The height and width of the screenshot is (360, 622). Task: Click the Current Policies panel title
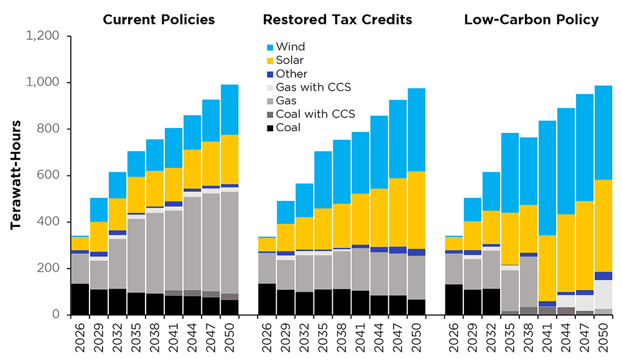click(159, 20)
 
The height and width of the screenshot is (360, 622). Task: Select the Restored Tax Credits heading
click(337, 20)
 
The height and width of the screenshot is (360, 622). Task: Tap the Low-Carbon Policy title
click(531, 20)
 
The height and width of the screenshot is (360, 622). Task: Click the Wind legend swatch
click(270, 47)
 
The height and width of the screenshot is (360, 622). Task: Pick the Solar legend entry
click(289, 60)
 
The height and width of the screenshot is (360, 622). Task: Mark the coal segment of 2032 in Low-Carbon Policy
click(491, 302)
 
